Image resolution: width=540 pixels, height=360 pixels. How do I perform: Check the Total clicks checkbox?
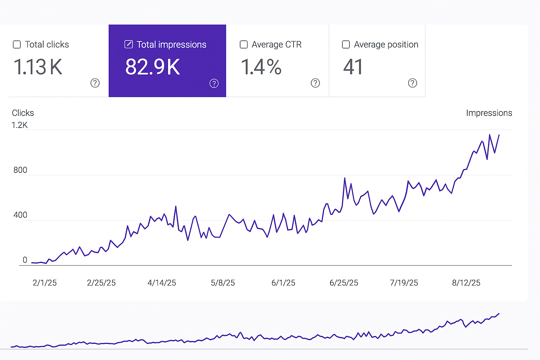17,45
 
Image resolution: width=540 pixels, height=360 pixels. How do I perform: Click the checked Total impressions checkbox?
129,44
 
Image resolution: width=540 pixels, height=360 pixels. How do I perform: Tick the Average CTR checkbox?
244,45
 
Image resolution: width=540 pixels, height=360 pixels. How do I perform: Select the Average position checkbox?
346,45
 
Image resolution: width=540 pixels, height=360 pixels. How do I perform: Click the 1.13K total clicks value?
38,67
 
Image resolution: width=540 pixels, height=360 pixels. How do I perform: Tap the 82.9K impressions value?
153,67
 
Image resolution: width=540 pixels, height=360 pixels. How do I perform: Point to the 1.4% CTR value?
261,67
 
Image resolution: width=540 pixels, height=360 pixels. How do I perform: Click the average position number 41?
353,67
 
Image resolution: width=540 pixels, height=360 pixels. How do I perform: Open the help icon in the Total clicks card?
95,83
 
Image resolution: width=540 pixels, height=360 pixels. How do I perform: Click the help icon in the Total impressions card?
214,83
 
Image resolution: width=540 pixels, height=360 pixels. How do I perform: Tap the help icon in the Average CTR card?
315,83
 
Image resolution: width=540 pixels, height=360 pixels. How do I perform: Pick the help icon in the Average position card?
412,83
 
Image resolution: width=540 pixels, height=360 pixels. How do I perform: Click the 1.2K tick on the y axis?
19,125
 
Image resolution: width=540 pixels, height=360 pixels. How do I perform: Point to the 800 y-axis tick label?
20,170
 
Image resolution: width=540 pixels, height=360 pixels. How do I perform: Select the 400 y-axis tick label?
20,215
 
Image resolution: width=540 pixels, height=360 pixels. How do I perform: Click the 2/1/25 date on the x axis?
45,283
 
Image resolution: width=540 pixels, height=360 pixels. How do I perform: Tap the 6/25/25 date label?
344,283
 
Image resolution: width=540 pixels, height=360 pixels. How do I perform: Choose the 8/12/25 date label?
466,283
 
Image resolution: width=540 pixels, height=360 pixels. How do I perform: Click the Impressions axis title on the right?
489,113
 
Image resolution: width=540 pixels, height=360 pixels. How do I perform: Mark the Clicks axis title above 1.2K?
23,113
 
